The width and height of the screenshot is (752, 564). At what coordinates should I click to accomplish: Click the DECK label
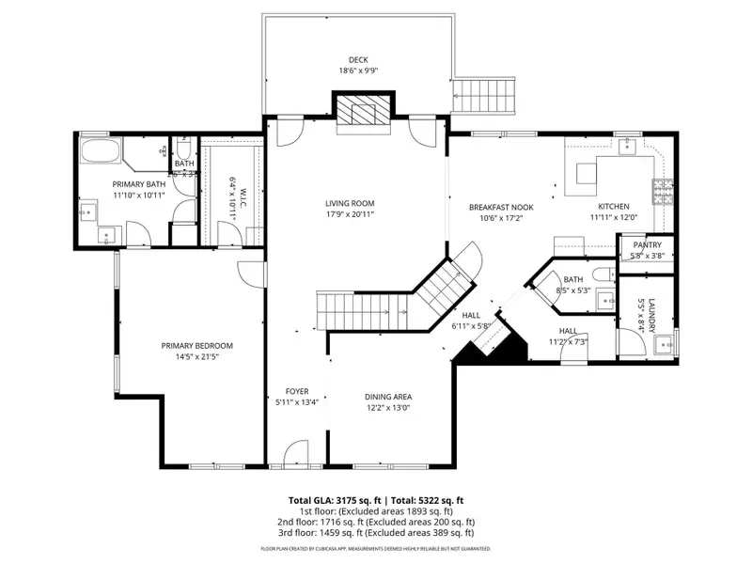point(358,59)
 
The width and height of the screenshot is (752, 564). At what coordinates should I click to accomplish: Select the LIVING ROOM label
point(350,203)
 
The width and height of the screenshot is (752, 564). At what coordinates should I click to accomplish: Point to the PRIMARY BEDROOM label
point(196,346)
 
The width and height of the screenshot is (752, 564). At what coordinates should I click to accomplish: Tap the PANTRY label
point(647,245)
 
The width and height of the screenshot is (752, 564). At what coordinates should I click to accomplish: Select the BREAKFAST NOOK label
point(501,207)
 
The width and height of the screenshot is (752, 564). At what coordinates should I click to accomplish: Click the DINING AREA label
point(388,397)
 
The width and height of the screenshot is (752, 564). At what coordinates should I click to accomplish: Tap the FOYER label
point(297,392)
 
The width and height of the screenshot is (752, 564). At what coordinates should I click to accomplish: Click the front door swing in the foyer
point(298,453)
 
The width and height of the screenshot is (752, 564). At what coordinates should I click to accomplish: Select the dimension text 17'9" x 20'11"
point(350,214)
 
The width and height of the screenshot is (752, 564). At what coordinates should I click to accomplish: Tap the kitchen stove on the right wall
point(664,193)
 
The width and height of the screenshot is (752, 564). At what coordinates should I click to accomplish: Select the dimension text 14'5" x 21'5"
point(196,357)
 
